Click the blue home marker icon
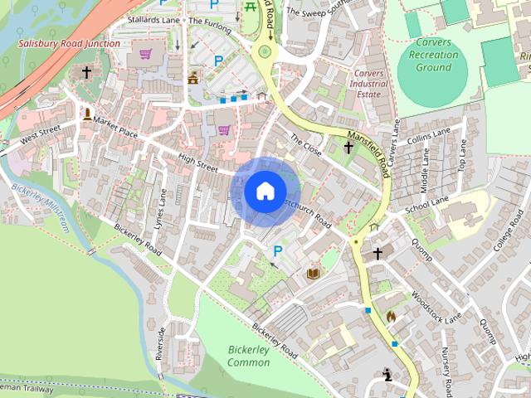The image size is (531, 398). [x=265, y=192]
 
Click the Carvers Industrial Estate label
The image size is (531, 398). [x=368, y=84]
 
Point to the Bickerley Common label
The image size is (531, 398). [x=248, y=357]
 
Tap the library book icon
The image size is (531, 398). [x=314, y=273]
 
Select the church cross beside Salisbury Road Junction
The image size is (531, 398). [x=86, y=73]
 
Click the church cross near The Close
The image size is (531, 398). [x=348, y=148]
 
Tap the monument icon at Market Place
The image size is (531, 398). [x=87, y=114]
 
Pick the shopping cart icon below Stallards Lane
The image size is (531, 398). [x=146, y=55]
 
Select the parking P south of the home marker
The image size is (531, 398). [x=278, y=250]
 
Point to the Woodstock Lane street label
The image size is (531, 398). [x=435, y=306]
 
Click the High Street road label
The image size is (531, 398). [x=197, y=162]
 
